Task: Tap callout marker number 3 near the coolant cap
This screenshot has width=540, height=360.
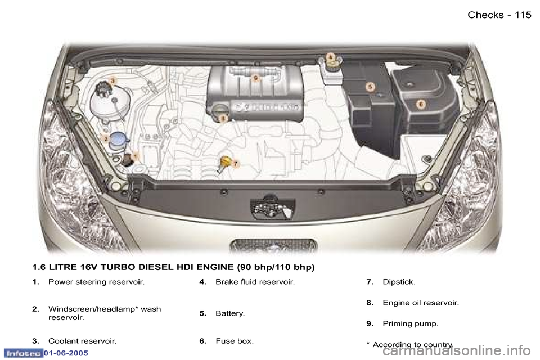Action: [x=112, y=82]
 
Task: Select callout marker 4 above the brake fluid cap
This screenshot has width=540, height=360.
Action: [x=331, y=57]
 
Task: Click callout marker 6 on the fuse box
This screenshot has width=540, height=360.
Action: [x=420, y=103]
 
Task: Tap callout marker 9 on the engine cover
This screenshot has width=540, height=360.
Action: [x=255, y=79]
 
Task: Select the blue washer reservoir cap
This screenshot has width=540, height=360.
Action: [x=118, y=138]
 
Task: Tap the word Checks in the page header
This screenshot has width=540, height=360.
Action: [x=485, y=15]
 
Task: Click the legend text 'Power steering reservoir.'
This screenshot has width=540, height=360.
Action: [x=96, y=282]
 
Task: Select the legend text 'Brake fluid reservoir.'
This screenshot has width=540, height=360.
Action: [x=255, y=282]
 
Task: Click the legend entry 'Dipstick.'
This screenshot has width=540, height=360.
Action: [x=399, y=282]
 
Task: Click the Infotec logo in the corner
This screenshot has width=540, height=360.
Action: [x=22, y=353]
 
